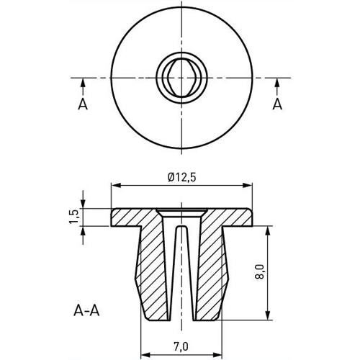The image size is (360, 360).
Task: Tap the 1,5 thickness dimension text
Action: [x=73, y=217]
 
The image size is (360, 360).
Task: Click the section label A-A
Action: [x=86, y=311]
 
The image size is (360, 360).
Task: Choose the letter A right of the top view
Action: [x=277, y=104]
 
